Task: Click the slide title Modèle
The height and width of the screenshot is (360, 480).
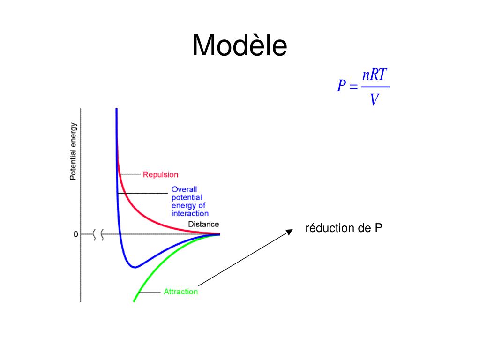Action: [240, 46]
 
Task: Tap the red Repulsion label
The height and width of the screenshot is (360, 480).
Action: [160, 174]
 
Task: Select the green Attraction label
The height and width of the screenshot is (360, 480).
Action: [180, 292]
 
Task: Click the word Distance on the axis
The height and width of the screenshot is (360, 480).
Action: [203, 224]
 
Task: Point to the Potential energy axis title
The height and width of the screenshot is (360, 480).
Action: [73, 151]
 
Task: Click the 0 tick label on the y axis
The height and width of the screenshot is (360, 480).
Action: [75, 234]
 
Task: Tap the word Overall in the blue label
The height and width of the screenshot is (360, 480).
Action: [181, 190]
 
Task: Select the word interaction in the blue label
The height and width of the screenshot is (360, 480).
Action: [190, 213]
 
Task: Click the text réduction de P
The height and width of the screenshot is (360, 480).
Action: [344, 228]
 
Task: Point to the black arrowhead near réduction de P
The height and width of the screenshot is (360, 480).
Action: [289, 231]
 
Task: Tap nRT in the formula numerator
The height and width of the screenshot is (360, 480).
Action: [375, 75]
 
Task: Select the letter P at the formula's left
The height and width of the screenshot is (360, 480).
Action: [341, 86]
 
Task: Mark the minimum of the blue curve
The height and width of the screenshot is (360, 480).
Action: [135, 267]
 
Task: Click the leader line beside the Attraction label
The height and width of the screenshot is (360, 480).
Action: [150, 292]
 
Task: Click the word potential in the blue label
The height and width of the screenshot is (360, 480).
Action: [186, 198]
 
